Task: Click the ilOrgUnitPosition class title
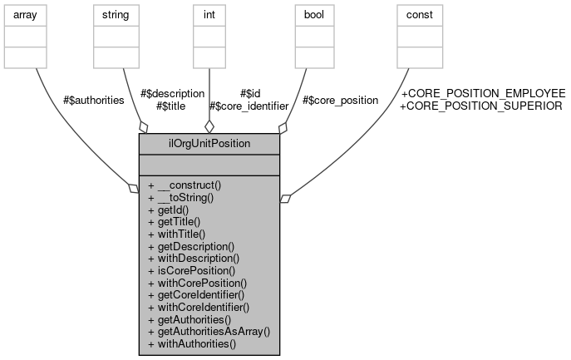(x=209, y=142)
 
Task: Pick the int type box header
(x=209, y=14)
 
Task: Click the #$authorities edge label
(x=94, y=100)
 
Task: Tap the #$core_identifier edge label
(x=248, y=106)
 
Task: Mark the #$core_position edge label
(x=340, y=100)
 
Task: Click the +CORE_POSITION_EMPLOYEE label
(x=483, y=93)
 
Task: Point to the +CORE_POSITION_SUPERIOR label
(x=481, y=106)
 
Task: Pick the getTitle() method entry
(x=175, y=222)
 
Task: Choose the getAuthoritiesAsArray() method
(x=209, y=331)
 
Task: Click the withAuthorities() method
(x=191, y=343)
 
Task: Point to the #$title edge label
(x=170, y=106)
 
